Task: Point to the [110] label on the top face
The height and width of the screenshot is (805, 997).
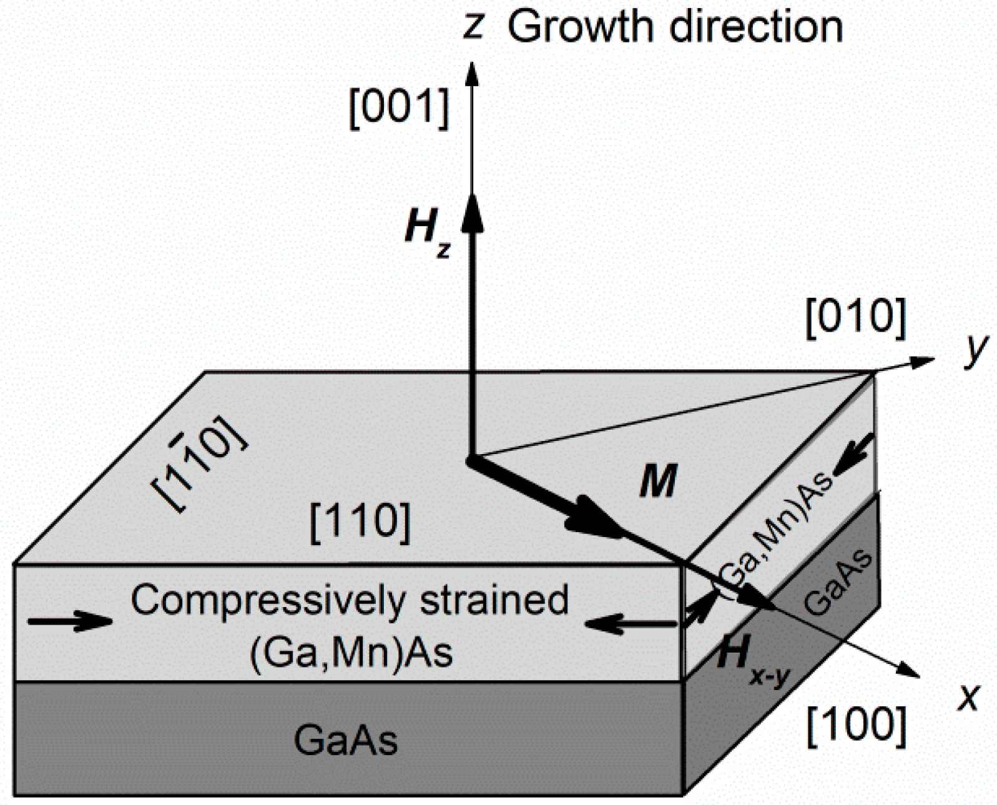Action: click(360, 522)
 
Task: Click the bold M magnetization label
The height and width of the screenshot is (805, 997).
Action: click(658, 483)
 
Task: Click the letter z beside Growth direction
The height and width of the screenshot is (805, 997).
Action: click(473, 28)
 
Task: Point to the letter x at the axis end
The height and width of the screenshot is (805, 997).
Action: click(967, 697)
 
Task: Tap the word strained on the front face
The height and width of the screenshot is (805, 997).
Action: click(493, 600)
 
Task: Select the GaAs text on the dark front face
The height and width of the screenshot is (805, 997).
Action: click(345, 741)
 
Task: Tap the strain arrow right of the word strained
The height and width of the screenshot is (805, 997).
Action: click(631, 623)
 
